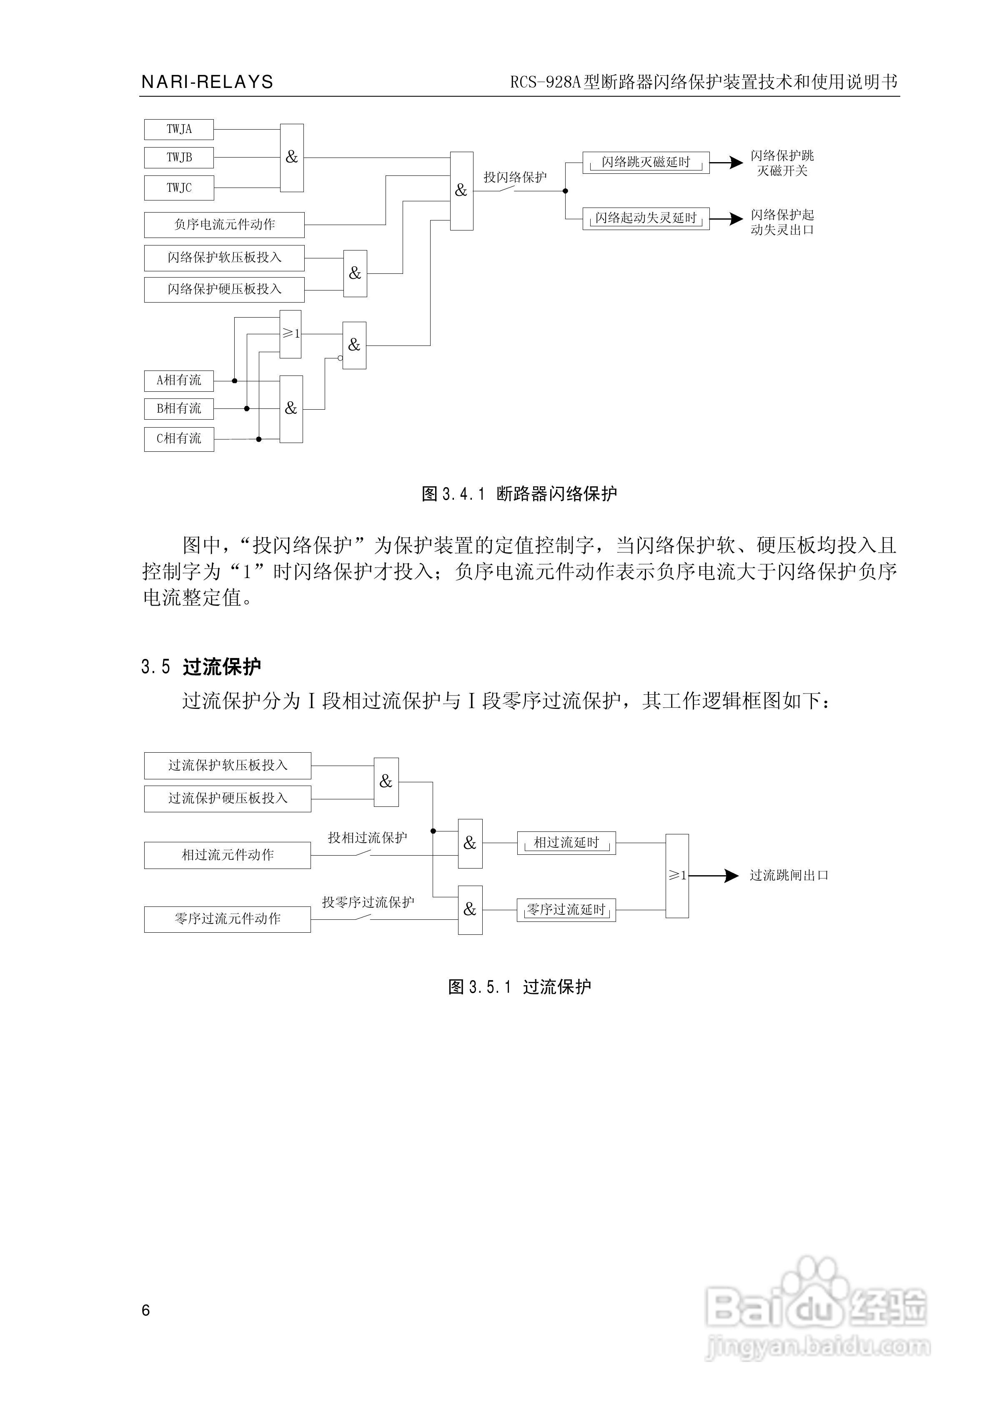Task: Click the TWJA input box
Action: point(179,130)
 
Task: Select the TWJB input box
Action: point(179,158)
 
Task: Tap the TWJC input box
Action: point(179,188)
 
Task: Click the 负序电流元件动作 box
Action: point(224,225)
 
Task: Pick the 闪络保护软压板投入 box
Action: point(224,258)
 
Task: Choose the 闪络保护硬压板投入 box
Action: point(224,289)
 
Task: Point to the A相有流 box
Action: point(179,381)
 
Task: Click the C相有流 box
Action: point(179,438)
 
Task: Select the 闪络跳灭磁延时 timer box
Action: point(646,163)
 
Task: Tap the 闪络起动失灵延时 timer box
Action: point(646,218)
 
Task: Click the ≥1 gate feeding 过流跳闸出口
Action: point(677,876)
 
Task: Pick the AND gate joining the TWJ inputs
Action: point(292,158)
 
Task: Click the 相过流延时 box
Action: point(566,843)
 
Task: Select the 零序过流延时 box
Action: point(566,909)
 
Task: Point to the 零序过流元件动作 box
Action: point(227,919)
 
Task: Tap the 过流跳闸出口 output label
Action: point(789,876)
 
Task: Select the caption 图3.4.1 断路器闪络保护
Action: point(519,494)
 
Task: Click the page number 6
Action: point(145,1310)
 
